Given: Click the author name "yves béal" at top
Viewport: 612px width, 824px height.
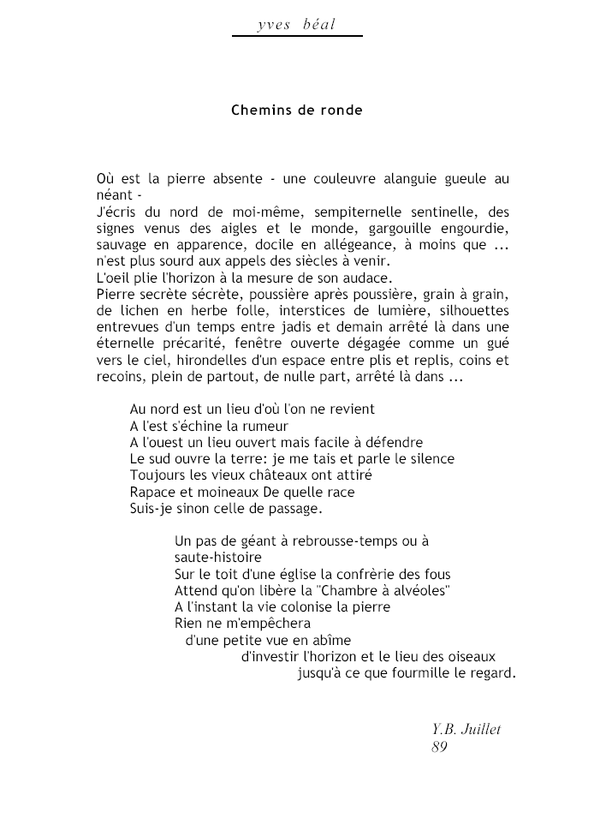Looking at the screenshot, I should [x=296, y=25].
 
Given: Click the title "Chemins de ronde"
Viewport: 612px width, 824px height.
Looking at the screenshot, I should [x=297, y=110].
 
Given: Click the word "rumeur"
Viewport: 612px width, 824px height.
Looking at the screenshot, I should [x=259, y=426].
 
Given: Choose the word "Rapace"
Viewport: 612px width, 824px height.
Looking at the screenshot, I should [x=152, y=492].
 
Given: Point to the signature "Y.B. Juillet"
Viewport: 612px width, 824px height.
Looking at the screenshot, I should [x=466, y=730].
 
